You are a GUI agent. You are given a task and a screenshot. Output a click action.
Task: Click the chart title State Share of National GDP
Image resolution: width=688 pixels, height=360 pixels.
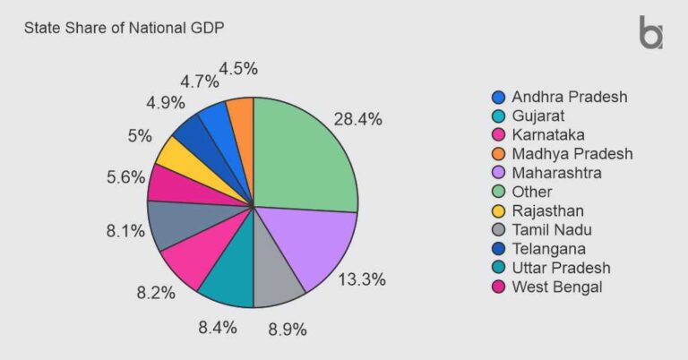124,28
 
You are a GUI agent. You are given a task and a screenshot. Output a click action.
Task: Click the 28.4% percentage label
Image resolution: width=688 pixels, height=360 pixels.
358,119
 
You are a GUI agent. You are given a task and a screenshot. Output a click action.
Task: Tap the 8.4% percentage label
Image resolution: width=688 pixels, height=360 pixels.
217,327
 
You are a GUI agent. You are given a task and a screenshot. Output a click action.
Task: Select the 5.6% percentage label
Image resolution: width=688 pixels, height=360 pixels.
125,176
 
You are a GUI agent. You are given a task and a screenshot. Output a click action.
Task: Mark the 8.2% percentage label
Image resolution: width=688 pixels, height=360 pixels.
156,292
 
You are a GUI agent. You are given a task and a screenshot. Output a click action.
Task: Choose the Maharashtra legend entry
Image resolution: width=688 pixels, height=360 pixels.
555,172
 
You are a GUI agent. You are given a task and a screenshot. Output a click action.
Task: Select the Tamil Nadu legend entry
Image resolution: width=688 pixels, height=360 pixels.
552,229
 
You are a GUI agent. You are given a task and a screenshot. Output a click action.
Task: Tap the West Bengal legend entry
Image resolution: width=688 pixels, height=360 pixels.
556,287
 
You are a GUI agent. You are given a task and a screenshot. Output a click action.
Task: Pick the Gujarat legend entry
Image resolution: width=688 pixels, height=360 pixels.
537,116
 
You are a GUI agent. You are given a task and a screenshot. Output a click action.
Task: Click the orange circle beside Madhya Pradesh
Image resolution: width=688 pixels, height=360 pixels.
498,153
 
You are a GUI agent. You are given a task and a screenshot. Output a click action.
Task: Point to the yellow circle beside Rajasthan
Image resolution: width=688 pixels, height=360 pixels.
498,210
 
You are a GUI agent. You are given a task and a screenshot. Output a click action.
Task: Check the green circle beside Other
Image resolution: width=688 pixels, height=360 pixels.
498,191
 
